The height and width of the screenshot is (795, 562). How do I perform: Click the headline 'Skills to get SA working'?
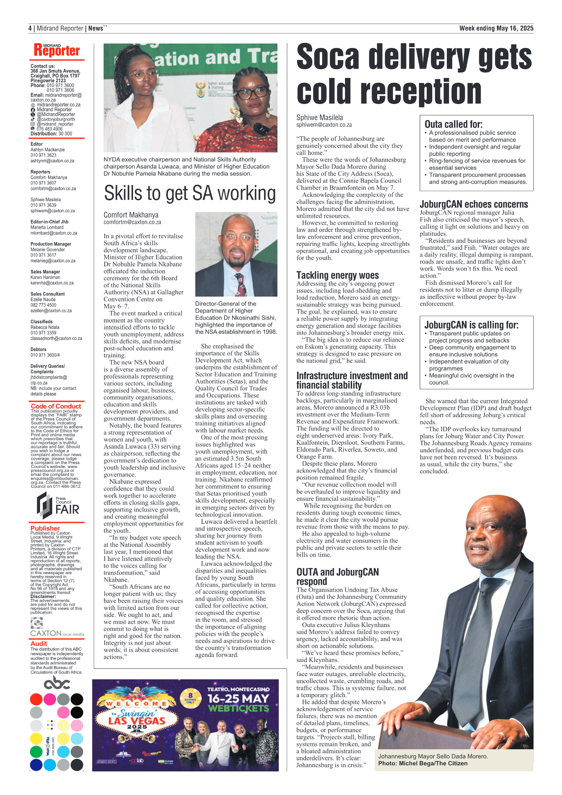click(x=189, y=193)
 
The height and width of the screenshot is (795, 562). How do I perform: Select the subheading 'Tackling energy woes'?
click(x=337, y=275)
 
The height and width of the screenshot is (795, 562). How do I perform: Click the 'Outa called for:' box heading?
click(x=453, y=124)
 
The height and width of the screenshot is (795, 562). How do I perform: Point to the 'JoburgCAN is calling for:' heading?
click(x=471, y=325)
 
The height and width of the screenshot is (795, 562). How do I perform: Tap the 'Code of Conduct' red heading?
click(x=56, y=406)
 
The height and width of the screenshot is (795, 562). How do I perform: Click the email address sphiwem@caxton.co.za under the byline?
click(x=324, y=125)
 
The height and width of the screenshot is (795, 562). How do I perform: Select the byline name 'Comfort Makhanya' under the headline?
click(x=131, y=215)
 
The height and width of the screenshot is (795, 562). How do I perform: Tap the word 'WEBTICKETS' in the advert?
click(x=238, y=708)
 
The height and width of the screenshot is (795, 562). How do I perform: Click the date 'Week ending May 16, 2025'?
click(x=496, y=28)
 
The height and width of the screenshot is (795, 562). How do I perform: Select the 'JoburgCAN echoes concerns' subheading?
click(x=474, y=204)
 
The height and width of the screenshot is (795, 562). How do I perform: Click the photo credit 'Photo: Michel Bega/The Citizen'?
click(x=423, y=763)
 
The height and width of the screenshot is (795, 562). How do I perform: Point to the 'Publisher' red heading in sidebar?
click(x=45, y=528)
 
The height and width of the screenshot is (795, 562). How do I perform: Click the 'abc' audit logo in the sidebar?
click(x=57, y=683)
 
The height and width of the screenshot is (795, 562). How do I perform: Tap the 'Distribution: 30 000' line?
click(x=51, y=134)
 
